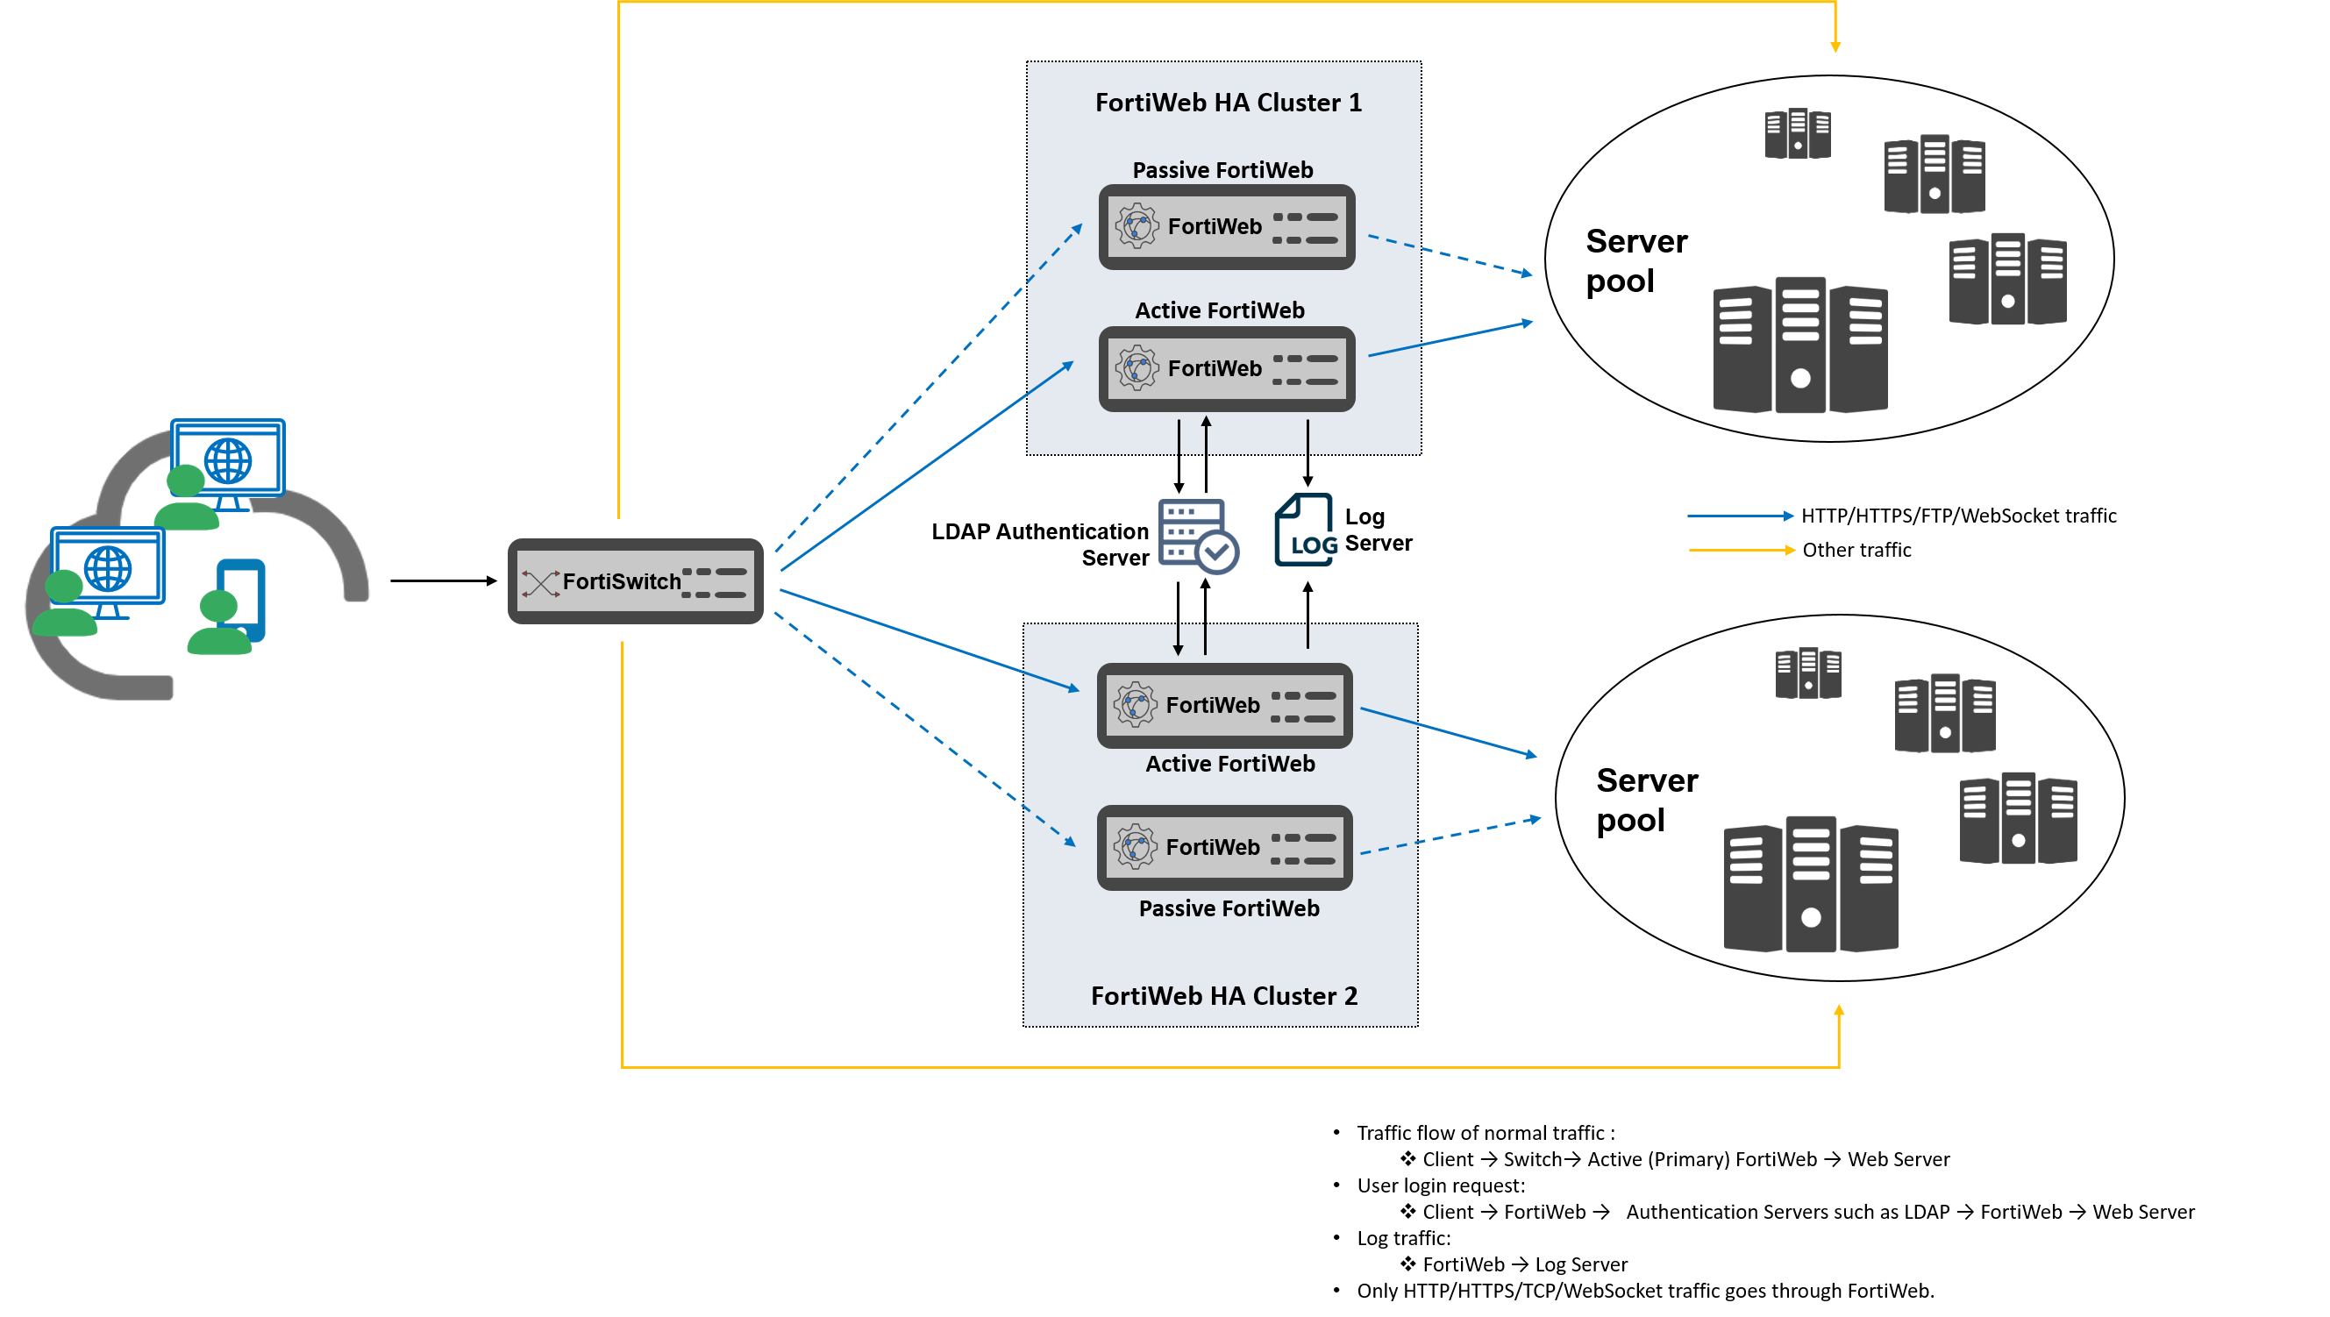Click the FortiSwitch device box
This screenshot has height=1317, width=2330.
pos(635,580)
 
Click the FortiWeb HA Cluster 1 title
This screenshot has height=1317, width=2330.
pos(1228,103)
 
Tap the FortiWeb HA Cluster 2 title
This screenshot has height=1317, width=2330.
pos(1223,995)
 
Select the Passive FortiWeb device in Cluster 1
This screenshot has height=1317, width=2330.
pos(1226,226)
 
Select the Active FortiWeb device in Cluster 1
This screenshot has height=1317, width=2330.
pos(1226,368)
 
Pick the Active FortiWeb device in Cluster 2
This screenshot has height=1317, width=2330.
pos(1224,705)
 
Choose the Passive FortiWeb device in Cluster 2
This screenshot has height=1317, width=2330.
pos(1224,847)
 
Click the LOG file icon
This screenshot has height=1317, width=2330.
pos(1305,531)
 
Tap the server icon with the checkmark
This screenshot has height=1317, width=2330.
pos(1197,536)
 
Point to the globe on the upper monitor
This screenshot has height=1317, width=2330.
pos(228,460)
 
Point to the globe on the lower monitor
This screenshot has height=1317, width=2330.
pos(108,568)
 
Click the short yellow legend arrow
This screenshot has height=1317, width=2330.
pos(1742,550)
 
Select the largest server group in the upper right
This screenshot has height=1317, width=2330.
pos(1800,345)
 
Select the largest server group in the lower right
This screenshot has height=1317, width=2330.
pos(1810,885)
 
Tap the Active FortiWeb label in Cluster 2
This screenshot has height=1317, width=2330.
pos(1229,764)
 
